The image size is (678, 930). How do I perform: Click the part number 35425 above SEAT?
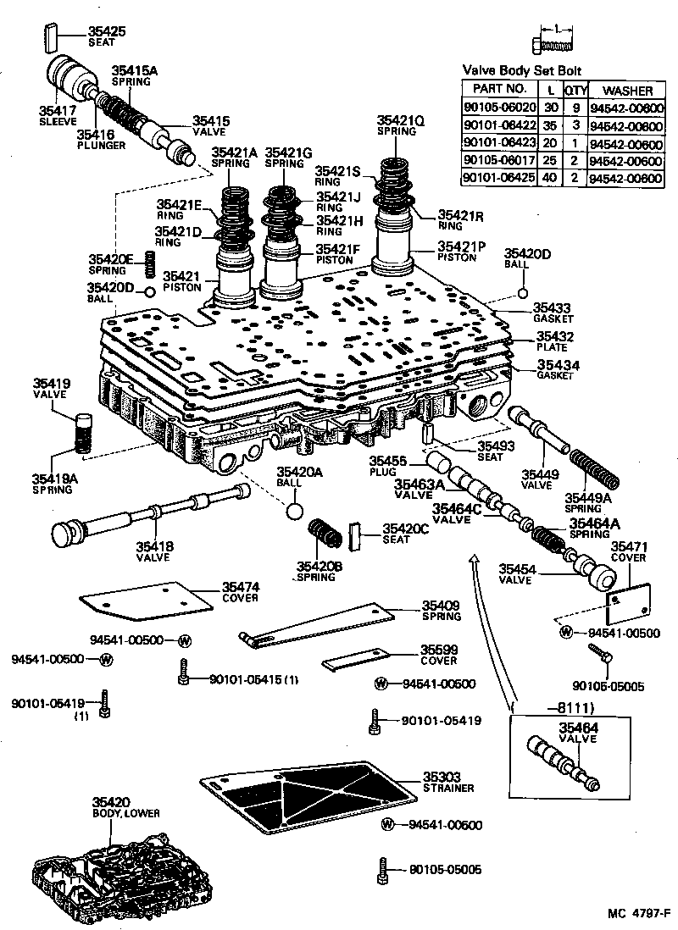(x=106, y=31)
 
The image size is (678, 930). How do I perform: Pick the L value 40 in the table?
(x=552, y=178)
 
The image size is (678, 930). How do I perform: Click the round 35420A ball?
(x=294, y=512)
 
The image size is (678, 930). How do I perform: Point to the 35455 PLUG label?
(x=388, y=465)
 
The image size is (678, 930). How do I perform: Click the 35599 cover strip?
(x=355, y=659)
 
